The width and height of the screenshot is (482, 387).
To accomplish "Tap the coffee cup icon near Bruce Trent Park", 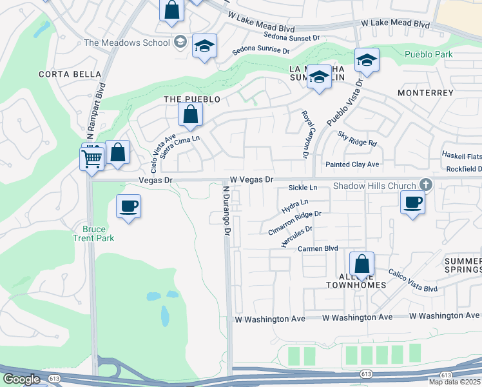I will (128, 207).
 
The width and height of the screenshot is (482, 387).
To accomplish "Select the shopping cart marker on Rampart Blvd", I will (92, 158).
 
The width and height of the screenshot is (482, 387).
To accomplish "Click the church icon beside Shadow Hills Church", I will (424, 185).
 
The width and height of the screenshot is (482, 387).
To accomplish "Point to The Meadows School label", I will (127, 43).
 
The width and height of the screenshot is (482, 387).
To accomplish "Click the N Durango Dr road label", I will (226, 211).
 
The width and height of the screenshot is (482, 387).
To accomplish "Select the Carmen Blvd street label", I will (318, 248).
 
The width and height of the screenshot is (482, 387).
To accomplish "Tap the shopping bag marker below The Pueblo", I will (191, 115).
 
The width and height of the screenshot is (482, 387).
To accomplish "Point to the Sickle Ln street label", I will (303, 188).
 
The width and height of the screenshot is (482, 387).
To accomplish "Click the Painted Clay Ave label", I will (352, 164).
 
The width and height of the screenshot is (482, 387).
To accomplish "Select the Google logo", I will (21, 379).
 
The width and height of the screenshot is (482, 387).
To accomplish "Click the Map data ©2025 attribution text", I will (454, 382).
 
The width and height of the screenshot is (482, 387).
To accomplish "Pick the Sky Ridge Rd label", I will (357, 138).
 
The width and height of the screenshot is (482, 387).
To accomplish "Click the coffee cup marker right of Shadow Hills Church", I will (412, 203).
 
